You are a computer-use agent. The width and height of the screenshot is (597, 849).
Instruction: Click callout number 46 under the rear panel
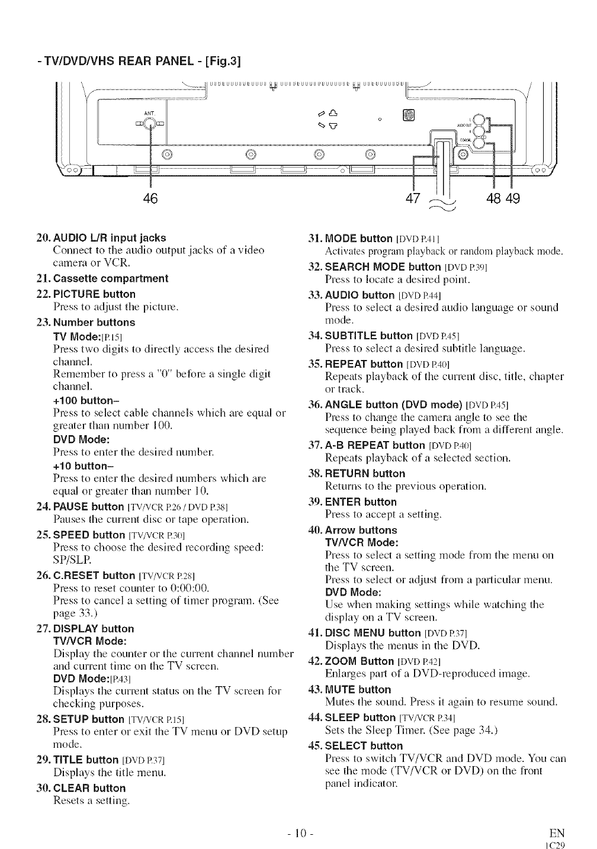tap(152, 198)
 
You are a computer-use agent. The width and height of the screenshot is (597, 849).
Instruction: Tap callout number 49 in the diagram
tap(513, 198)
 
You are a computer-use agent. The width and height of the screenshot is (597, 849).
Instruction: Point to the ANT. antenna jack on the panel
tap(151, 123)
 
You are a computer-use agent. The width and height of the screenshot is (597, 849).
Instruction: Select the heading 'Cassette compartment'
tap(110, 278)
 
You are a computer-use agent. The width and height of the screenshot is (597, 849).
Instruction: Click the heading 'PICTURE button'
tap(94, 294)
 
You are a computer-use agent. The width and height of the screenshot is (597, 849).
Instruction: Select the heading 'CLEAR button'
tap(89, 788)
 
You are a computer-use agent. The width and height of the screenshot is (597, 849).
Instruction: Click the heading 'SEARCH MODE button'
tap(383, 267)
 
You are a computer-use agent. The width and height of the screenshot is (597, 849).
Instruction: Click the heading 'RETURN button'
tap(365, 474)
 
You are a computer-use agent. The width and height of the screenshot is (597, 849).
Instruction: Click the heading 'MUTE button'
tap(358, 690)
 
